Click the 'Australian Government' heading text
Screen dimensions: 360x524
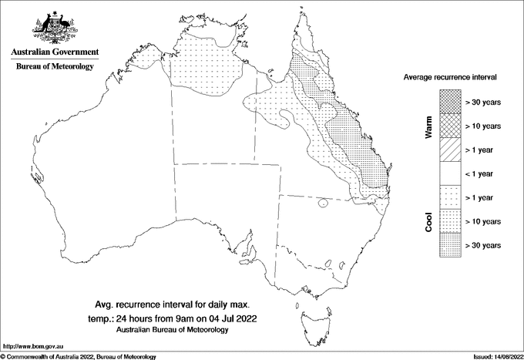[55, 52]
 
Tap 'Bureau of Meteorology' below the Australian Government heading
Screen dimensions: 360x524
[55, 67]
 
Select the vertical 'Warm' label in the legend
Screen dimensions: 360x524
[428, 125]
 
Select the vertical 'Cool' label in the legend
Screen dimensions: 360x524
[428, 221]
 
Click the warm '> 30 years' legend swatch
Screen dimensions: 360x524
[449, 101]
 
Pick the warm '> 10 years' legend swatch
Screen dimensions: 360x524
[449, 125]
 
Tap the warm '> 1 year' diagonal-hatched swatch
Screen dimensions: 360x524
[449, 149]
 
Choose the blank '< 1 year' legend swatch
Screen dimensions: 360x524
[449, 173]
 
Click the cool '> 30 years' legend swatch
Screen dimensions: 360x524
[449, 244]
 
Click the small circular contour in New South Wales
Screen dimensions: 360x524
[324, 204]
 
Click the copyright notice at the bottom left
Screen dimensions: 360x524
[79, 356]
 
